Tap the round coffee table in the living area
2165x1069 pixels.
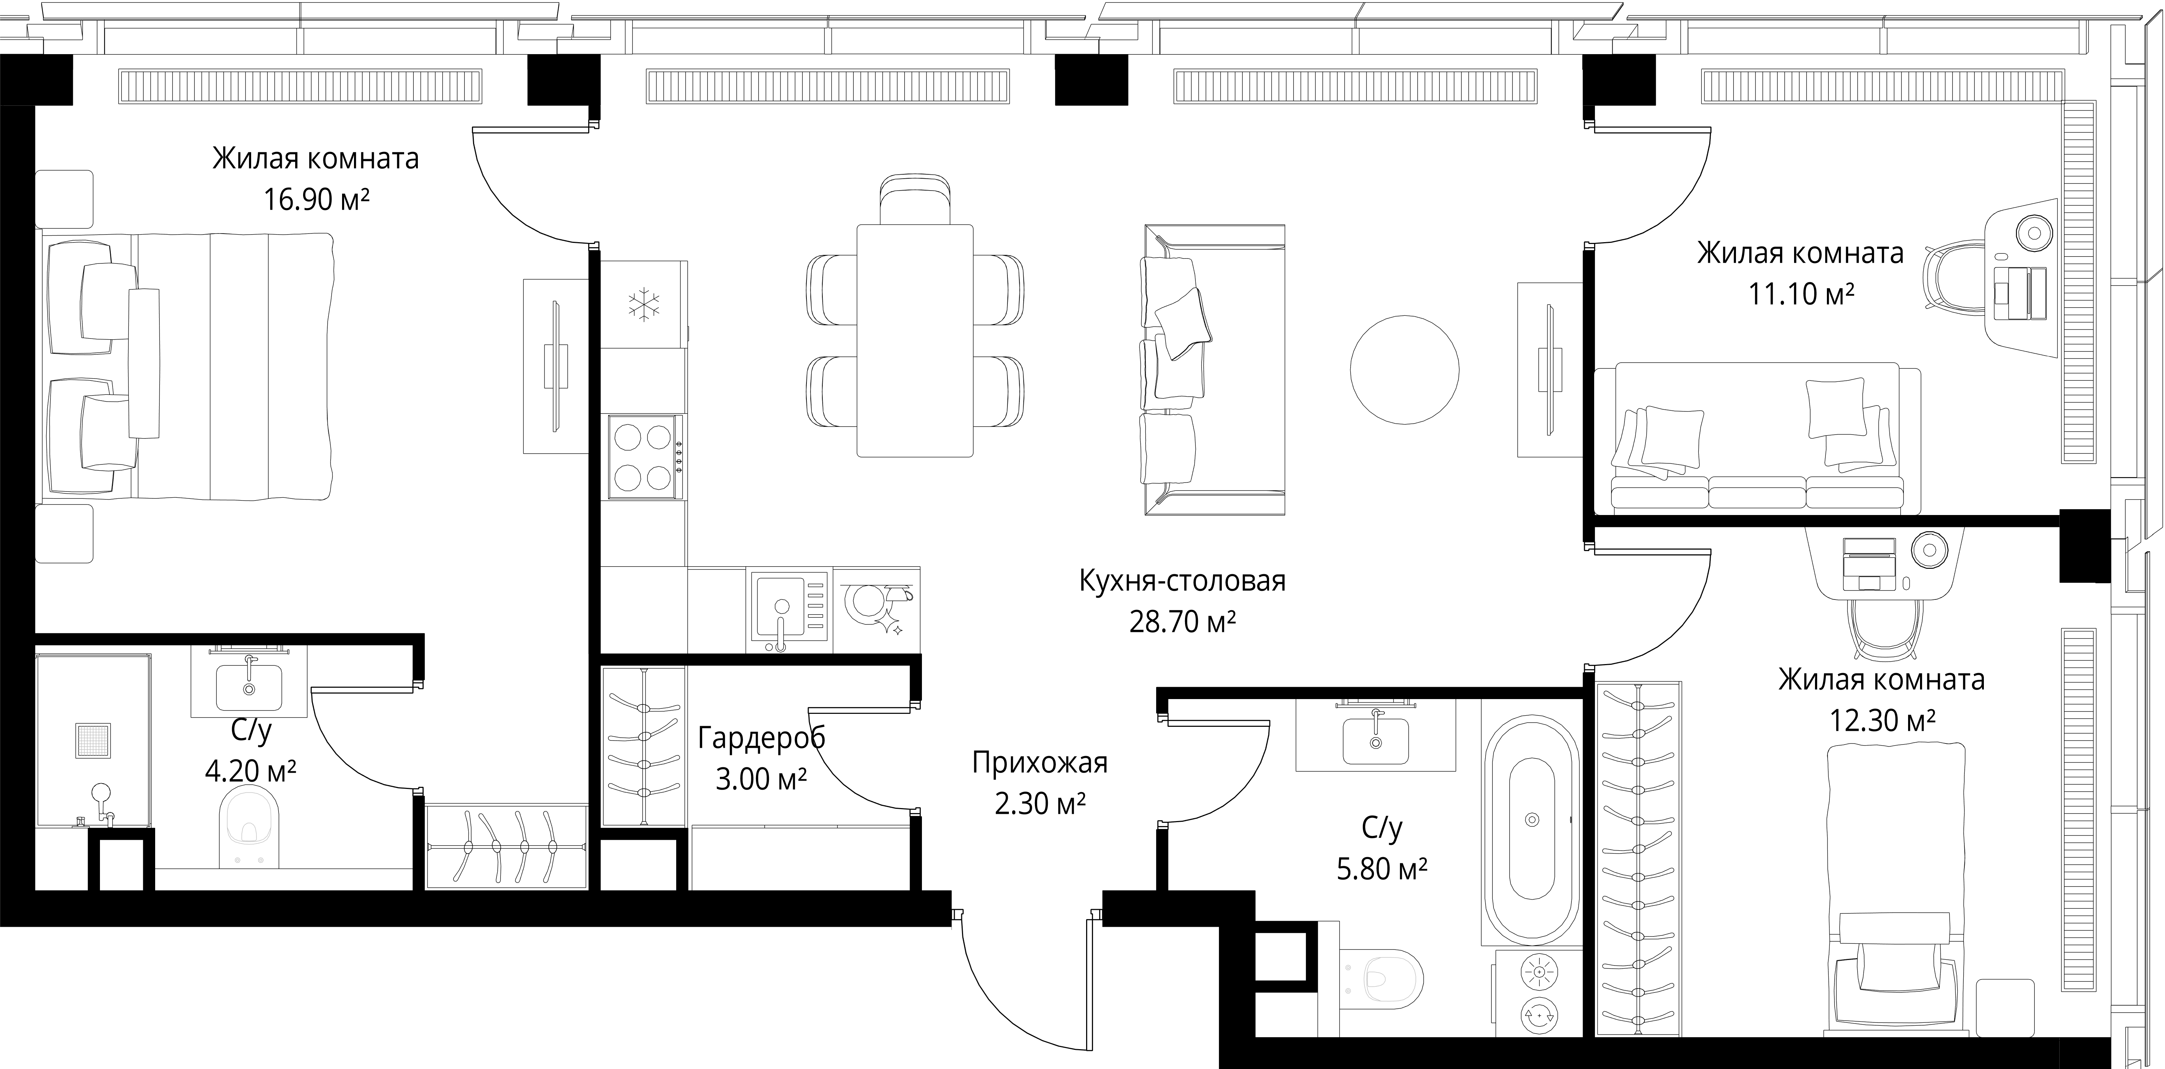1404,370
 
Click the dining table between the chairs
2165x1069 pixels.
914,340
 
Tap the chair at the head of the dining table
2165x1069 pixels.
915,199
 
